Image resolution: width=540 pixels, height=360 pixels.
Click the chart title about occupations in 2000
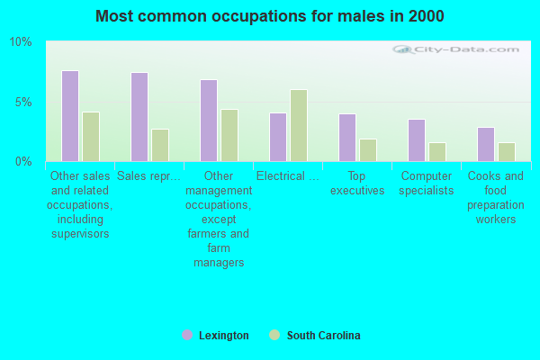tap(269, 16)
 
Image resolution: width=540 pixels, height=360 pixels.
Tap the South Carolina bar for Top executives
tap(368, 150)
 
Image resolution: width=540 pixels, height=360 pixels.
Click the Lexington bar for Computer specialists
tap(417, 140)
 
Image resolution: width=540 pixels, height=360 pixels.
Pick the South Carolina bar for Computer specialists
tap(437, 152)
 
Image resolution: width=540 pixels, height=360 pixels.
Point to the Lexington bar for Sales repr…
tap(139, 117)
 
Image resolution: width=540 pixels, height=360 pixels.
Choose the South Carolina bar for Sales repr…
tap(160, 145)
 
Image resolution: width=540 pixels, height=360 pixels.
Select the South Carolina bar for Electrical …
tap(299, 125)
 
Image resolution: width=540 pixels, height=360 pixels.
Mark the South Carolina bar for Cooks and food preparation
tap(507, 152)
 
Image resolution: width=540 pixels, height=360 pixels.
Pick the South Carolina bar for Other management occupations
tap(229, 135)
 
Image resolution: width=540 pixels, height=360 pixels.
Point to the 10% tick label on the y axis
tap(21, 42)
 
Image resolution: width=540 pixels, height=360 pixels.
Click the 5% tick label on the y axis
tap(23, 102)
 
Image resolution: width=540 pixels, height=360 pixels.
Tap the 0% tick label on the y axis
tap(23, 162)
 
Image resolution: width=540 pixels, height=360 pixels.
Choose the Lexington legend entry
tap(215, 336)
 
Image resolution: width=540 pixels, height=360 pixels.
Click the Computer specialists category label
tap(427, 184)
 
